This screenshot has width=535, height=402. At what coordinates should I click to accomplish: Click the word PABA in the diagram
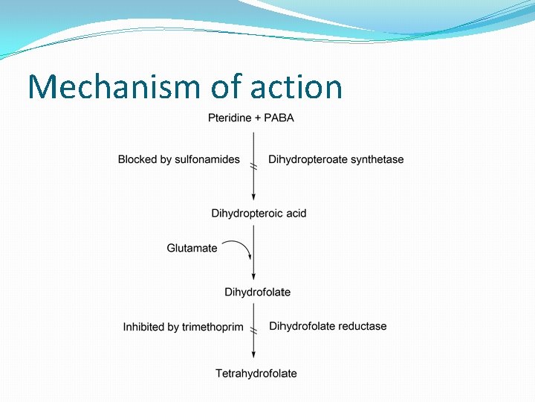point(279,118)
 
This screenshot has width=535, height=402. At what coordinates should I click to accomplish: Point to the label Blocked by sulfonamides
point(179,159)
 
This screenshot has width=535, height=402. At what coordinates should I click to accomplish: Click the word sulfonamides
point(207,159)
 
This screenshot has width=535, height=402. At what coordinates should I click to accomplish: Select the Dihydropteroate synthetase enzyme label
point(336,159)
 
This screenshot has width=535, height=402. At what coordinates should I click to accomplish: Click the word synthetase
point(377,159)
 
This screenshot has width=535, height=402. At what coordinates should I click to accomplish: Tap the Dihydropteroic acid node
point(259,214)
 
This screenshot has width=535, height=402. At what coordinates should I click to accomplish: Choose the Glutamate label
point(192,249)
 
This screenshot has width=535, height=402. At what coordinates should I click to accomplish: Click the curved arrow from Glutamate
point(239,247)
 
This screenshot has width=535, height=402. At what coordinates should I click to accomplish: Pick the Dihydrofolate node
point(257,293)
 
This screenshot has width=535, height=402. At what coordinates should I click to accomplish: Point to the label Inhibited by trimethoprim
point(183,327)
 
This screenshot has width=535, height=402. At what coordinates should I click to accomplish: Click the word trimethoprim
point(213,327)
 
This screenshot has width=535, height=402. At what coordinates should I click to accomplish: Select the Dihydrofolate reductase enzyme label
point(328,326)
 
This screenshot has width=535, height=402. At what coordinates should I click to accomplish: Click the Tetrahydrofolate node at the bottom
point(256,374)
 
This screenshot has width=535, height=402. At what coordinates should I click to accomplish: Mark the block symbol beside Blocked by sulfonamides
point(253,167)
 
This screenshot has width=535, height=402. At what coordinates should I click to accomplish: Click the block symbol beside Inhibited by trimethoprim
point(253,330)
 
